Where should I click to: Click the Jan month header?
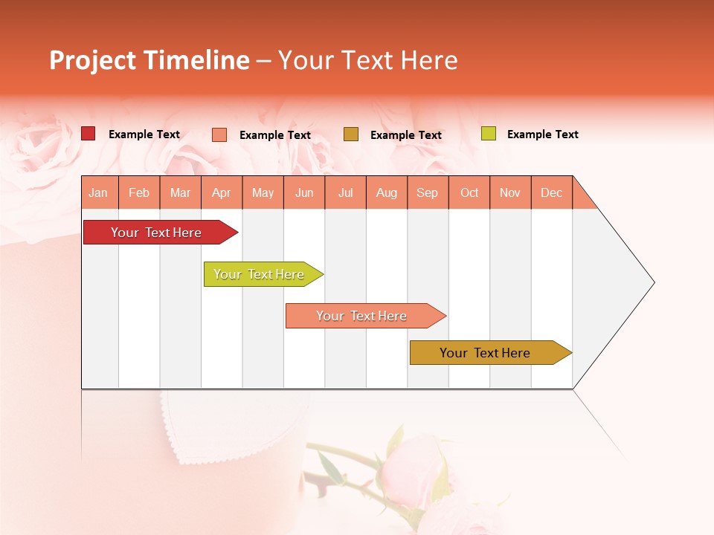(x=99, y=192)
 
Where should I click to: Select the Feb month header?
(x=139, y=192)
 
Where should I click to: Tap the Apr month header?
(x=222, y=192)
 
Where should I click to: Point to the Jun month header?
(x=304, y=192)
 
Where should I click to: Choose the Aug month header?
(x=387, y=192)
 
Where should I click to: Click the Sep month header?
(x=428, y=192)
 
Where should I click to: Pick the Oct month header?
(x=469, y=192)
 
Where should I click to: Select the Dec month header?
(x=552, y=192)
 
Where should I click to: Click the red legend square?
(x=89, y=134)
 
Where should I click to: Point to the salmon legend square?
(x=219, y=134)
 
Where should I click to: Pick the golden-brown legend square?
(x=351, y=134)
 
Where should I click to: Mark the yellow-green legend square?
(x=488, y=134)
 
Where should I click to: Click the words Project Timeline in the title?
(x=149, y=60)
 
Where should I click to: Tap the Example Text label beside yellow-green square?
(x=542, y=134)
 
